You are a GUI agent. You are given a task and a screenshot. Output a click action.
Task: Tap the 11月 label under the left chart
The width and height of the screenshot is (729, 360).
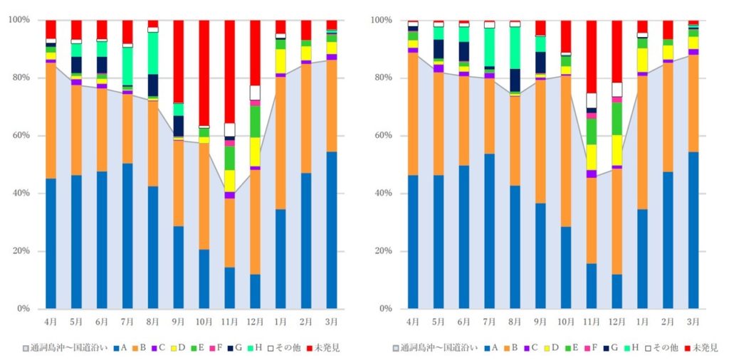[x=229, y=322]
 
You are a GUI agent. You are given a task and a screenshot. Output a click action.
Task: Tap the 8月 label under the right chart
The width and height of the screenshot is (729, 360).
[x=515, y=322]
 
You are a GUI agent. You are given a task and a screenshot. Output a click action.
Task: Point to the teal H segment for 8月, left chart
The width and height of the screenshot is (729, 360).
[x=153, y=53]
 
